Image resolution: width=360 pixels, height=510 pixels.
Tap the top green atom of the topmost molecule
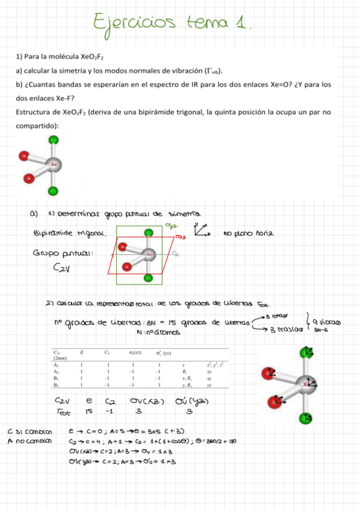pos(53,140)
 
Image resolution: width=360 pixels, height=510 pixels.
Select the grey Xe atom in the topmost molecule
pos(53,164)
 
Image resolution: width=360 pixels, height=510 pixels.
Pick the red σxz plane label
pos(180,238)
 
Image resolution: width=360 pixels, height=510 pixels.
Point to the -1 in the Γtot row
pos(109,412)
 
